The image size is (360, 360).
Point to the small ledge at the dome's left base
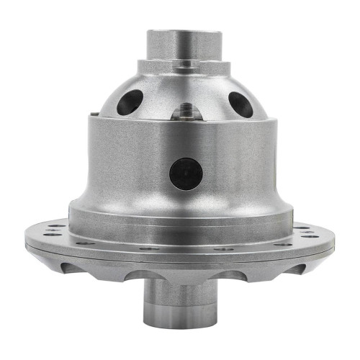[x=94, y=115]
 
